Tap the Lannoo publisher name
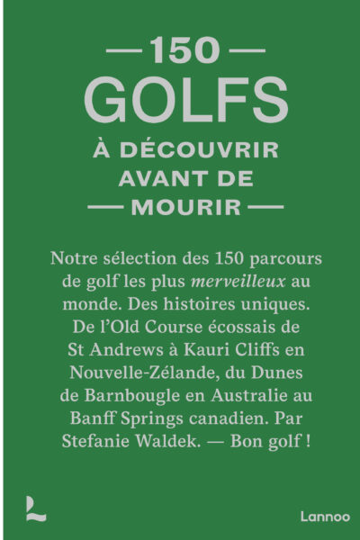click(x=319, y=517)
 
